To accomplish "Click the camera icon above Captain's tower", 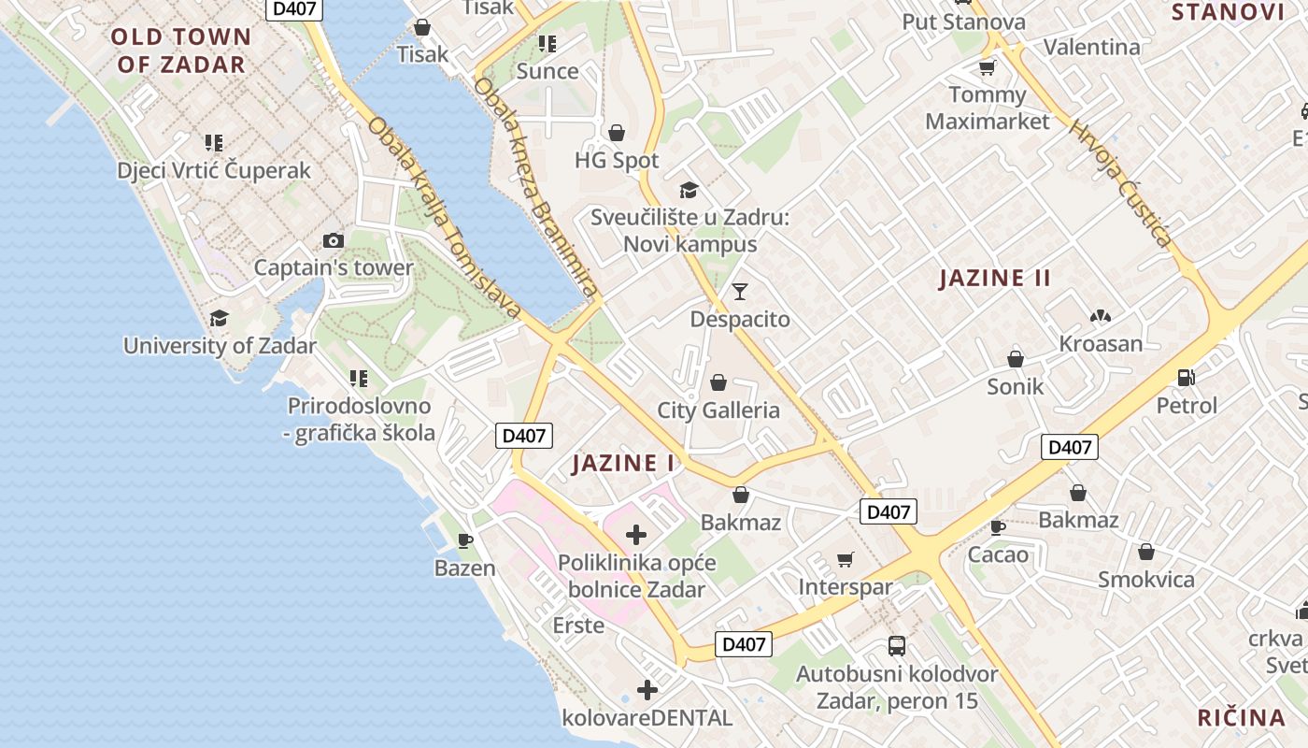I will (334, 241).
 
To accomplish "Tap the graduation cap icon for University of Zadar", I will (219, 319).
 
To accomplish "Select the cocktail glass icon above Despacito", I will (740, 292).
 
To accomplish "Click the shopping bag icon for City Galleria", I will (718, 382).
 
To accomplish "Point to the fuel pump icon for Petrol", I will (1187, 378).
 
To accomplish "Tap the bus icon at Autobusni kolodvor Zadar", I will (896, 645).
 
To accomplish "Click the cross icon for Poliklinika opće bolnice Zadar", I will (636, 535).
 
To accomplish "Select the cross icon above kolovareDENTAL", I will (647, 690).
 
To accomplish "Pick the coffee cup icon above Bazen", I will (465, 540).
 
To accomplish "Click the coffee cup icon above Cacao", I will (998, 527).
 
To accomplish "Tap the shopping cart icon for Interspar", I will (846, 559).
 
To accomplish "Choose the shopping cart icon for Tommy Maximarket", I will (987, 67).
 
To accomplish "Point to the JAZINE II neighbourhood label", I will (995, 278).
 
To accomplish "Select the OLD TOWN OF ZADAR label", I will (181, 50).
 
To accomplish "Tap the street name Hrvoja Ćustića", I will (1120, 183).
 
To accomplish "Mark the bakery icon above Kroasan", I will (1100, 316).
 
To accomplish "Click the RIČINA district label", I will (1242, 717).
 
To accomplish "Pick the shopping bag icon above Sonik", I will (1016, 359).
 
